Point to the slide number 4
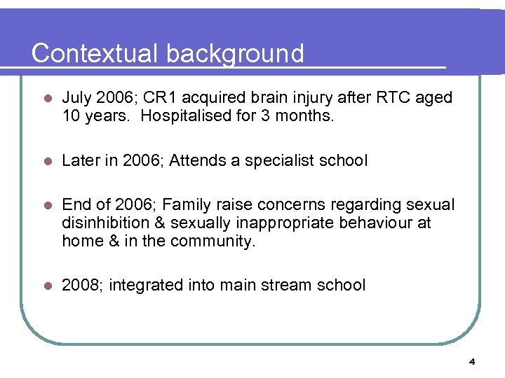[x=472, y=362]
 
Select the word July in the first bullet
[x=76, y=98]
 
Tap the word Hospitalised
[x=184, y=116]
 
